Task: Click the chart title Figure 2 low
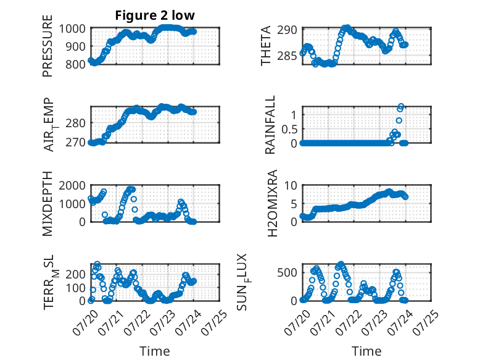click(155, 15)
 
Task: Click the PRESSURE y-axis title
click(48, 46)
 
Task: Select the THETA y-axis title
click(266, 46)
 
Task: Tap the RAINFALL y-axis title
click(270, 125)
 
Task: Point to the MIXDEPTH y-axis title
click(48, 203)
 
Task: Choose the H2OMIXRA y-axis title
click(272, 203)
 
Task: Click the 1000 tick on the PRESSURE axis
click(72, 29)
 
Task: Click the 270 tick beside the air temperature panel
click(75, 142)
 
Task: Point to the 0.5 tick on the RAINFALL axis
click(289, 129)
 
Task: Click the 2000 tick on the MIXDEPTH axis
click(72, 185)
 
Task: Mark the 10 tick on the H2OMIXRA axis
click(291, 185)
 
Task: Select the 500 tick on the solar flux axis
click(287, 272)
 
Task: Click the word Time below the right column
click(366, 351)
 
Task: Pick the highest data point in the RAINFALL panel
click(400, 106)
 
